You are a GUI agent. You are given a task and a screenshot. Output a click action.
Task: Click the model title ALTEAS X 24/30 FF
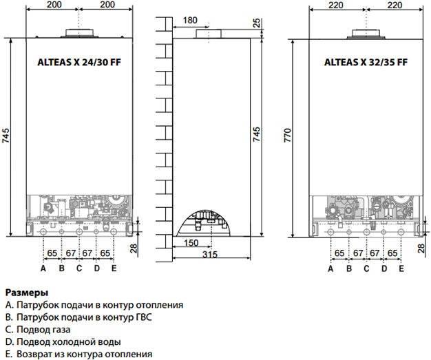tap(79, 63)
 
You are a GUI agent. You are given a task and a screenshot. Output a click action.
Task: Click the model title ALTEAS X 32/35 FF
tap(366, 63)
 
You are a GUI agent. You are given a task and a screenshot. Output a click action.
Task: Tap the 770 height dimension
tap(288, 135)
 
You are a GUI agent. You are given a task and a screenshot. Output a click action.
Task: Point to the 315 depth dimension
tap(210, 255)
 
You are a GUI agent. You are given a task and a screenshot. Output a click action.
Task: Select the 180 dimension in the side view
tap(190, 21)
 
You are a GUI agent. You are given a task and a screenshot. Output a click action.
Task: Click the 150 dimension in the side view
tap(191, 243)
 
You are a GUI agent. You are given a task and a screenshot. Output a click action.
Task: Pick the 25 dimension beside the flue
tap(256, 23)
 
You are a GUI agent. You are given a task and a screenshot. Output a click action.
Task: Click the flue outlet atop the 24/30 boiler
tap(79, 33)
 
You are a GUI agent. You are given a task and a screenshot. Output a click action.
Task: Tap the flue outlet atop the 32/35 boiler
tap(366, 34)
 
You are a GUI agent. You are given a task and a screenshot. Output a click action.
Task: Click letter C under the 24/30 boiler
tap(79, 268)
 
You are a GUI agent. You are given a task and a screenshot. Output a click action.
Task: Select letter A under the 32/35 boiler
tap(330, 268)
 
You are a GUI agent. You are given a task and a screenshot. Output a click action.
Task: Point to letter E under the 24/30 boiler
tap(114, 268)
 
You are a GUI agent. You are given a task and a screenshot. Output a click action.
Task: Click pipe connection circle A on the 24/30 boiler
tap(43, 232)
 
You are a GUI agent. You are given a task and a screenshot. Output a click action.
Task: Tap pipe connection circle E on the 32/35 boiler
tap(401, 232)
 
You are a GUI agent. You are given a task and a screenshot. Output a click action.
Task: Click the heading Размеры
tap(27, 293)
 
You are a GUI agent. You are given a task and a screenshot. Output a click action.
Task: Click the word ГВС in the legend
tap(144, 317)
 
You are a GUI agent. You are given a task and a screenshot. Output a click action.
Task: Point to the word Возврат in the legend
tap(34, 354)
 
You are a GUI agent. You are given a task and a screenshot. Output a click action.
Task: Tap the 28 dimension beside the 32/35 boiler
tap(421, 248)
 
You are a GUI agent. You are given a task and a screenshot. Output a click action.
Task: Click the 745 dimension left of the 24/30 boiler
tap(6, 136)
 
